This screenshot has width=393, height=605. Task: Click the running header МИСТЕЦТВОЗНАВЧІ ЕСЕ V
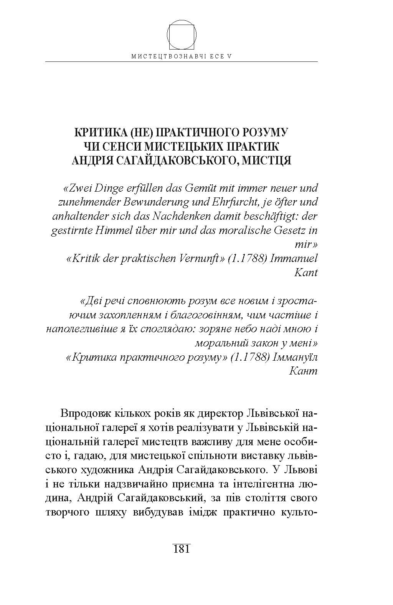click(182, 56)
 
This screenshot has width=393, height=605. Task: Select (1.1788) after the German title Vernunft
click(247, 258)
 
